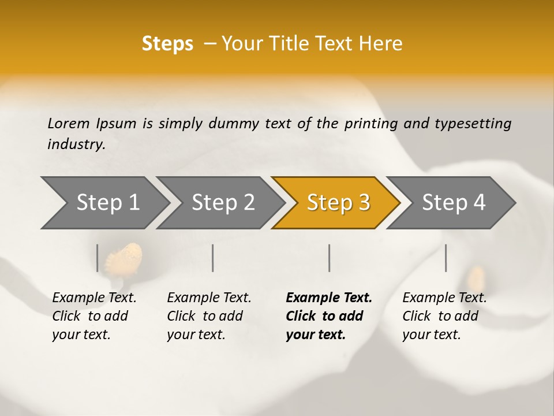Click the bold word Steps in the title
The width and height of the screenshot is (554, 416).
point(167,43)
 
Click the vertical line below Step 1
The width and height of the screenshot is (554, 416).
point(98,258)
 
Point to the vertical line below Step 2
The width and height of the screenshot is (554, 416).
point(213,258)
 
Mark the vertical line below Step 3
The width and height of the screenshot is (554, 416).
point(330,258)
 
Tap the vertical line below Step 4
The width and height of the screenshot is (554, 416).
point(446,258)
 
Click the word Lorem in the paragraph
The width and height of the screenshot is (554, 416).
point(69,123)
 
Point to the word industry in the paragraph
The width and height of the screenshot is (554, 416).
point(76,144)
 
